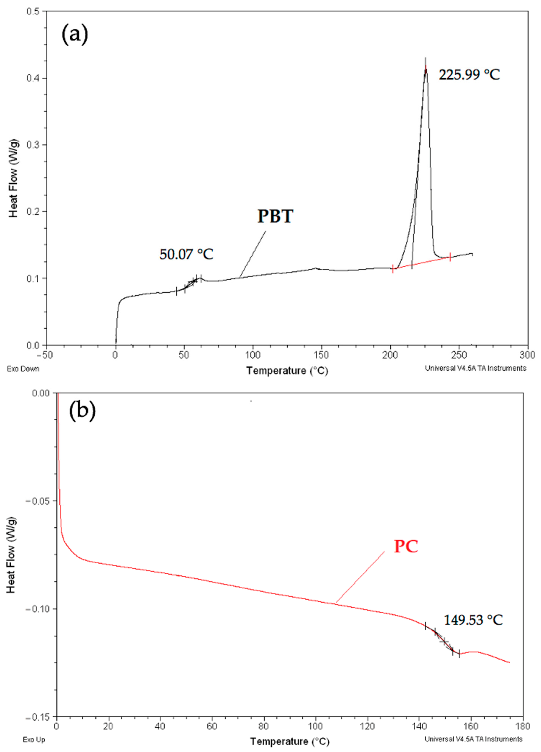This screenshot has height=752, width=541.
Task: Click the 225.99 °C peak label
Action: point(469,75)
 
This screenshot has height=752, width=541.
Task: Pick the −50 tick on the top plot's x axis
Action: point(44,355)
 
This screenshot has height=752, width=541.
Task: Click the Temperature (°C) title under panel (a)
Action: point(287,370)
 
